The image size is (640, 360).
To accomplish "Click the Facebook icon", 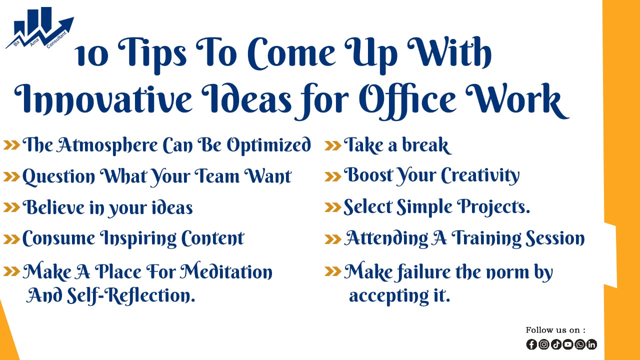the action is point(531,344).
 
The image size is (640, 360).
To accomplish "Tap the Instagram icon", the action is point(543,344).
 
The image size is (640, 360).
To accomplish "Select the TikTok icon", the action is point(556,344).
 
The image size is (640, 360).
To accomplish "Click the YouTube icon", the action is point(568,344).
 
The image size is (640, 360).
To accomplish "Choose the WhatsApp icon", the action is point(580,344).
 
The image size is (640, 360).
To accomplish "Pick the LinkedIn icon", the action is point(591,344).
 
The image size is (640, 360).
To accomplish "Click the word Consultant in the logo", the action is point(56,39).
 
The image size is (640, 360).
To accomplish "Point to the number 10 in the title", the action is point(91,56).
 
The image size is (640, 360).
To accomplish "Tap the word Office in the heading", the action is point(407,100).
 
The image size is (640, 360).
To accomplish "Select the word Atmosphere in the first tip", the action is point(106,145).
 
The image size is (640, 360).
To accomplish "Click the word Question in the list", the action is point(58,176).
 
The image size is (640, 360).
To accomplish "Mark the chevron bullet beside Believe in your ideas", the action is point(11,207).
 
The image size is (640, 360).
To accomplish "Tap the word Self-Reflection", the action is point(131,295).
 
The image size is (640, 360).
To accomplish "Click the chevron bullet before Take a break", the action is point(333,145).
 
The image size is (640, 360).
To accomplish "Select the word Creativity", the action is point(480,175).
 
